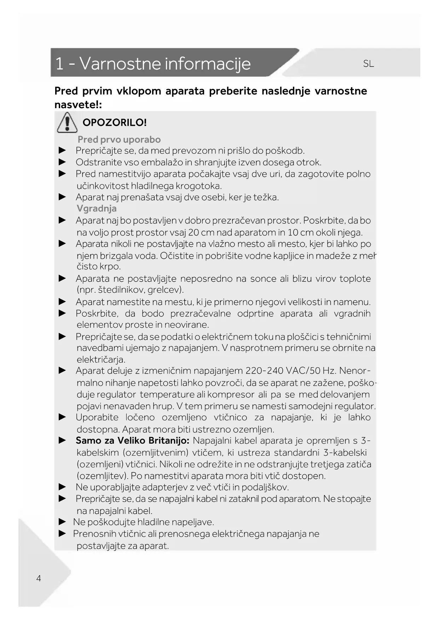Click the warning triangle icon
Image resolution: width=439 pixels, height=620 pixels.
click(x=67, y=122)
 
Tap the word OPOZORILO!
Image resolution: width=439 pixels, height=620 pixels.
click(x=114, y=123)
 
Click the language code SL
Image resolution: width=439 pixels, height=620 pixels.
click(x=368, y=64)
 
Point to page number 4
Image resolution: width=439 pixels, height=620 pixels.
click(x=39, y=578)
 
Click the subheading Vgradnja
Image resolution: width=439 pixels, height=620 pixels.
click(x=97, y=209)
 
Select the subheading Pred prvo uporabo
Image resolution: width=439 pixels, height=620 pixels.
click(x=119, y=139)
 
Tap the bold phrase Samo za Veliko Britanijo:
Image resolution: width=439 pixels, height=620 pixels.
click(x=132, y=441)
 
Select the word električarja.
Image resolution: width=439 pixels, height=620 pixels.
click(x=101, y=360)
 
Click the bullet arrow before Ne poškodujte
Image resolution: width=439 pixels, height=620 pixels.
click(x=62, y=522)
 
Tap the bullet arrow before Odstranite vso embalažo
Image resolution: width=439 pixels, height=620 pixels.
click(x=62, y=162)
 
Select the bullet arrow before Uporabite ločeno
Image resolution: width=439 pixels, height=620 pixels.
click(x=62, y=417)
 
